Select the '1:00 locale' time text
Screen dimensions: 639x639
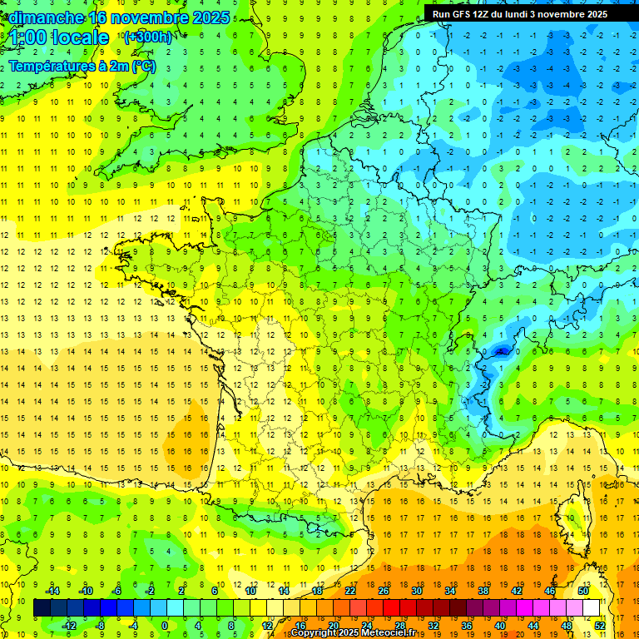coord(59,37)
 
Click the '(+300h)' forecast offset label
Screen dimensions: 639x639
coord(147,37)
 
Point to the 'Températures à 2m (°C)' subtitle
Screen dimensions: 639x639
coord(82,66)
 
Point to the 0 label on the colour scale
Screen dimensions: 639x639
coord(164,625)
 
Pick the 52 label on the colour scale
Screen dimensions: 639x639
coord(599,625)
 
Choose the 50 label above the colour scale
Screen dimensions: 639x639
coord(582,591)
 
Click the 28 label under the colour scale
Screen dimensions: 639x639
coord(399,625)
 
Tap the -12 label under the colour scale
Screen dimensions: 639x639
coord(69,625)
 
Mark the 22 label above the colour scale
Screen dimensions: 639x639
coord(350,591)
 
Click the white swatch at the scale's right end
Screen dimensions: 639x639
coord(591,608)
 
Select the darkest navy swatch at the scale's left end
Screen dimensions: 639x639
coord(42,608)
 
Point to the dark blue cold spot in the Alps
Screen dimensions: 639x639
coord(501,351)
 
